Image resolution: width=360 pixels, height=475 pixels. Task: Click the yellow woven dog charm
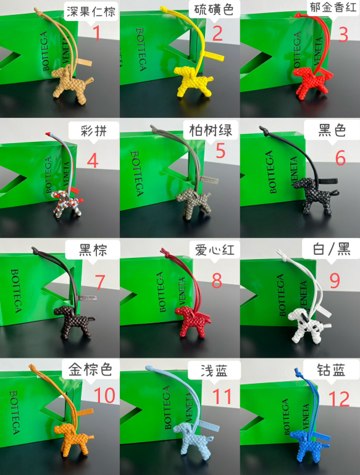pyautogui.click(x=193, y=82)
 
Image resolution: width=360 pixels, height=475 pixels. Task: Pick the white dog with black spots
pyautogui.click(x=308, y=325)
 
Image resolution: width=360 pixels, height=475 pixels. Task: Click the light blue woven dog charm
pyautogui.click(x=193, y=439)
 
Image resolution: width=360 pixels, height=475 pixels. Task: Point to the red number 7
pyautogui.click(x=100, y=282)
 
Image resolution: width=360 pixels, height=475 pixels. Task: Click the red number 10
pyautogui.click(x=104, y=395)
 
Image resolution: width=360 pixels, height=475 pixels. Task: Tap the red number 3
pyautogui.click(x=343, y=35)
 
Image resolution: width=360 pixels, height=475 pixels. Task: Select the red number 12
pyautogui.click(x=339, y=399)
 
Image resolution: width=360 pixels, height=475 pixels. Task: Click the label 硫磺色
pyautogui.click(x=214, y=10)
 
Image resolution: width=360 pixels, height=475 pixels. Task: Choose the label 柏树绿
pyautogui.click(x=211, y=131)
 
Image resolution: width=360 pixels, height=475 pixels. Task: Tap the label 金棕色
pyautogui.click(x=90, y=370)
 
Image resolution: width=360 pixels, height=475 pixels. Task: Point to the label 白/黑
pyautogui.click(x=332, y=250)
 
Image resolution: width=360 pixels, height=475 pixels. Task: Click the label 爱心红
pyautogui.click(x=214, y=250)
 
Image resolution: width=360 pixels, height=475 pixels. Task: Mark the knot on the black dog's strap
pyautogui.click(x=263, y=131)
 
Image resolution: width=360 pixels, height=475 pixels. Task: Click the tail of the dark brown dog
pyautogui.click(x=91, y=319)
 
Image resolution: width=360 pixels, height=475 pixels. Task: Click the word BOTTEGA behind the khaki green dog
pyautogui.click(x=137, y=173)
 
